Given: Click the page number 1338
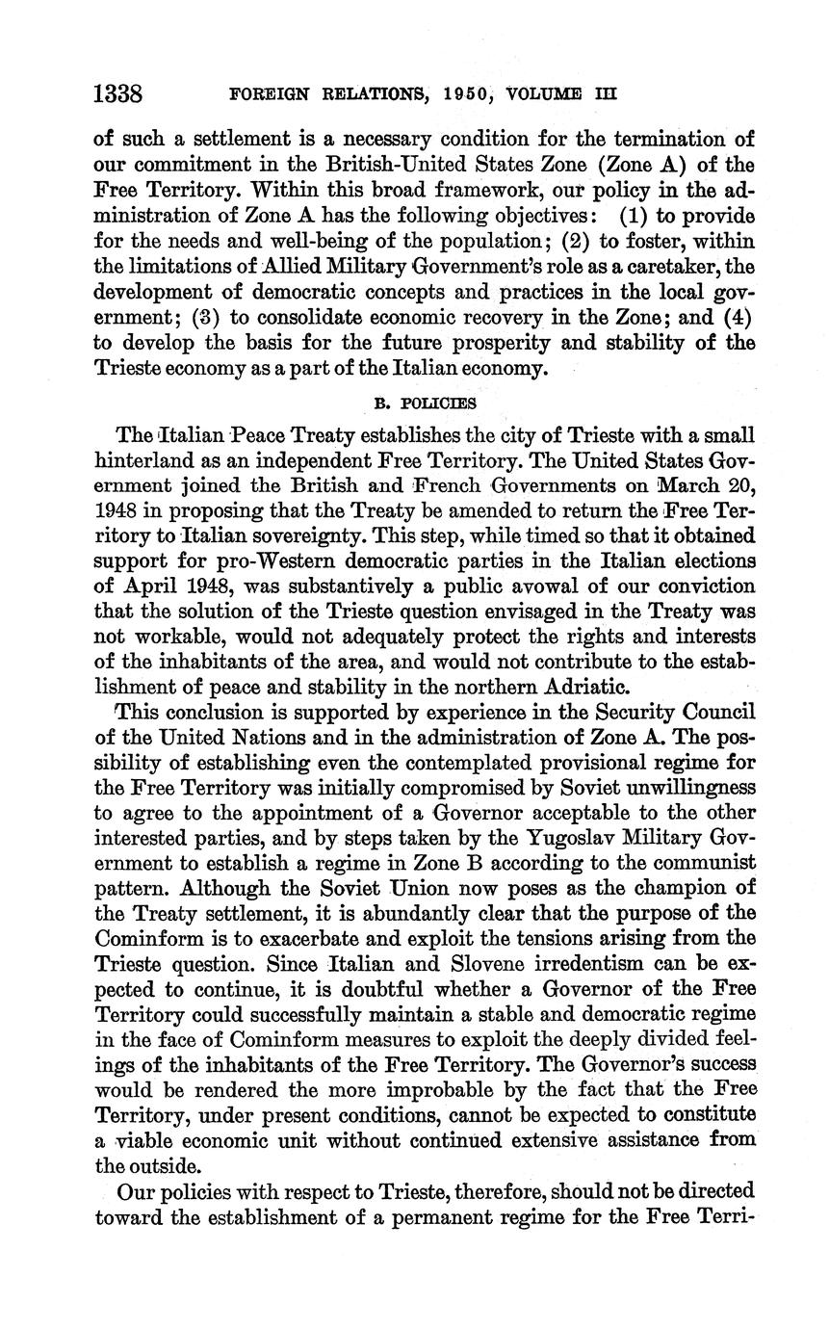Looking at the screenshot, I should pyautogui.click(x=118, y=93).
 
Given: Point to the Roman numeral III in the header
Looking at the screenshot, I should pyautogui.click(x=606, y=94).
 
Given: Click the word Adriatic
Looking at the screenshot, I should pyautogui.click(x=583, y=687).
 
